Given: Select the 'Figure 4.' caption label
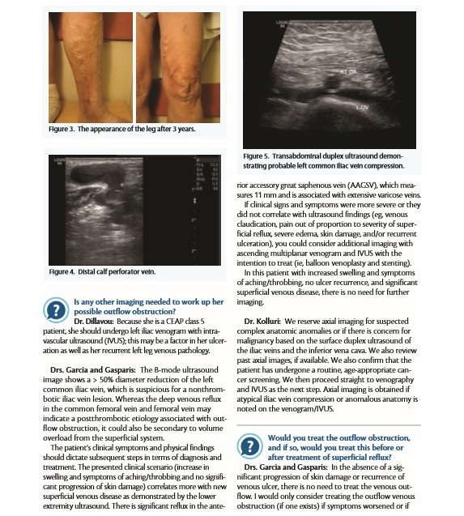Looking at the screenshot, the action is tap(65, 271).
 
